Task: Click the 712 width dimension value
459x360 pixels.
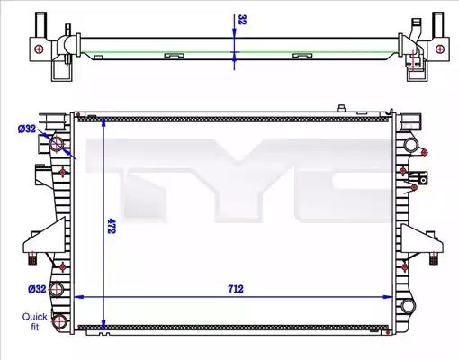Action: pos(236,289)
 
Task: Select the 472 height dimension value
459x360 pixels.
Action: pos(112,226)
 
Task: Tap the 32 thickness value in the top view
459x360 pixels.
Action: pos(242,20)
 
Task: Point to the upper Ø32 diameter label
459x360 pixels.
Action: pos(27,129)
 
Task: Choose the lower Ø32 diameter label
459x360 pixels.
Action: pos(37,289)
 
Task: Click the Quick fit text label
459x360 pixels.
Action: pos(35,321)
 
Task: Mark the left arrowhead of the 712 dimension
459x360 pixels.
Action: pos(78,297)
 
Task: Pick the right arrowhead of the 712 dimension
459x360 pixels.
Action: pos(388,297)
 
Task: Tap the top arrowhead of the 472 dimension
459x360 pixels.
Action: pos(103,121)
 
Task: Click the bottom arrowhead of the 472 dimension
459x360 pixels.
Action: pos(103,326)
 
